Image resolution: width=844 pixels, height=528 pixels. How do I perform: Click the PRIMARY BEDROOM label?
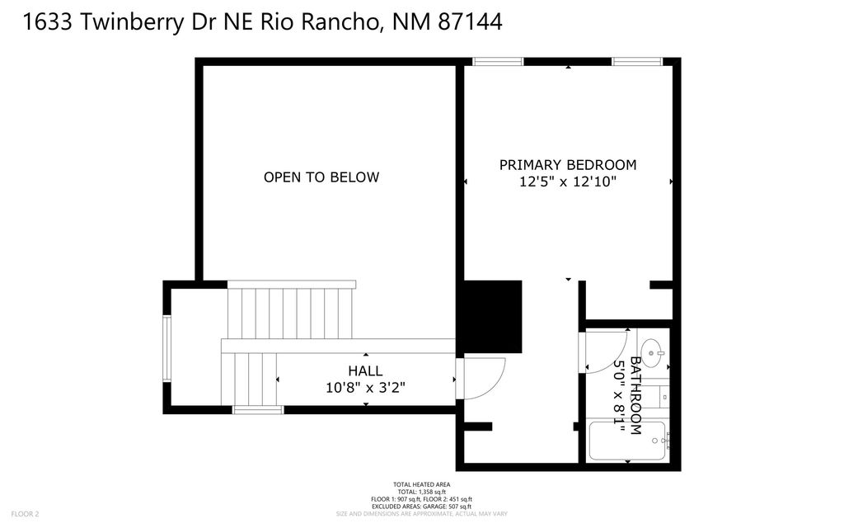[568, 165]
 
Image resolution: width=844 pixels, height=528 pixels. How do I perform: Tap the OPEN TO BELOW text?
[321, 177]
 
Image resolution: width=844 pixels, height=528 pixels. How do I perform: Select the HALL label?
[365, 371]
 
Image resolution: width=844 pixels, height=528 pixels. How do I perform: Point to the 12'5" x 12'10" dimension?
[568, 182]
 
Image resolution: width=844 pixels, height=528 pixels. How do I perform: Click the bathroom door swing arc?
[606, 351]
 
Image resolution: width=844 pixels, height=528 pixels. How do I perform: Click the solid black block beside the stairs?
[490, 317]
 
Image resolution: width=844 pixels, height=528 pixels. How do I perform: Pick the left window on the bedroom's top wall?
[498, 62]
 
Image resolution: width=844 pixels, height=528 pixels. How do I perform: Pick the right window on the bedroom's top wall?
[637, 62]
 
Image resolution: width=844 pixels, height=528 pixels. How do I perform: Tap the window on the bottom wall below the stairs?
[258, 409]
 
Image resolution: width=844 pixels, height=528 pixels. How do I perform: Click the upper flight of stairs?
[292, 312]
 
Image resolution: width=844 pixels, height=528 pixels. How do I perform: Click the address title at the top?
[263, 22]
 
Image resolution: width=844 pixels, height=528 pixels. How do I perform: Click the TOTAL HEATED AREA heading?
[421, 484]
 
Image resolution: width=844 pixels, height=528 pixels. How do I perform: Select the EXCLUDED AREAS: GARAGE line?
[421, 507]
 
